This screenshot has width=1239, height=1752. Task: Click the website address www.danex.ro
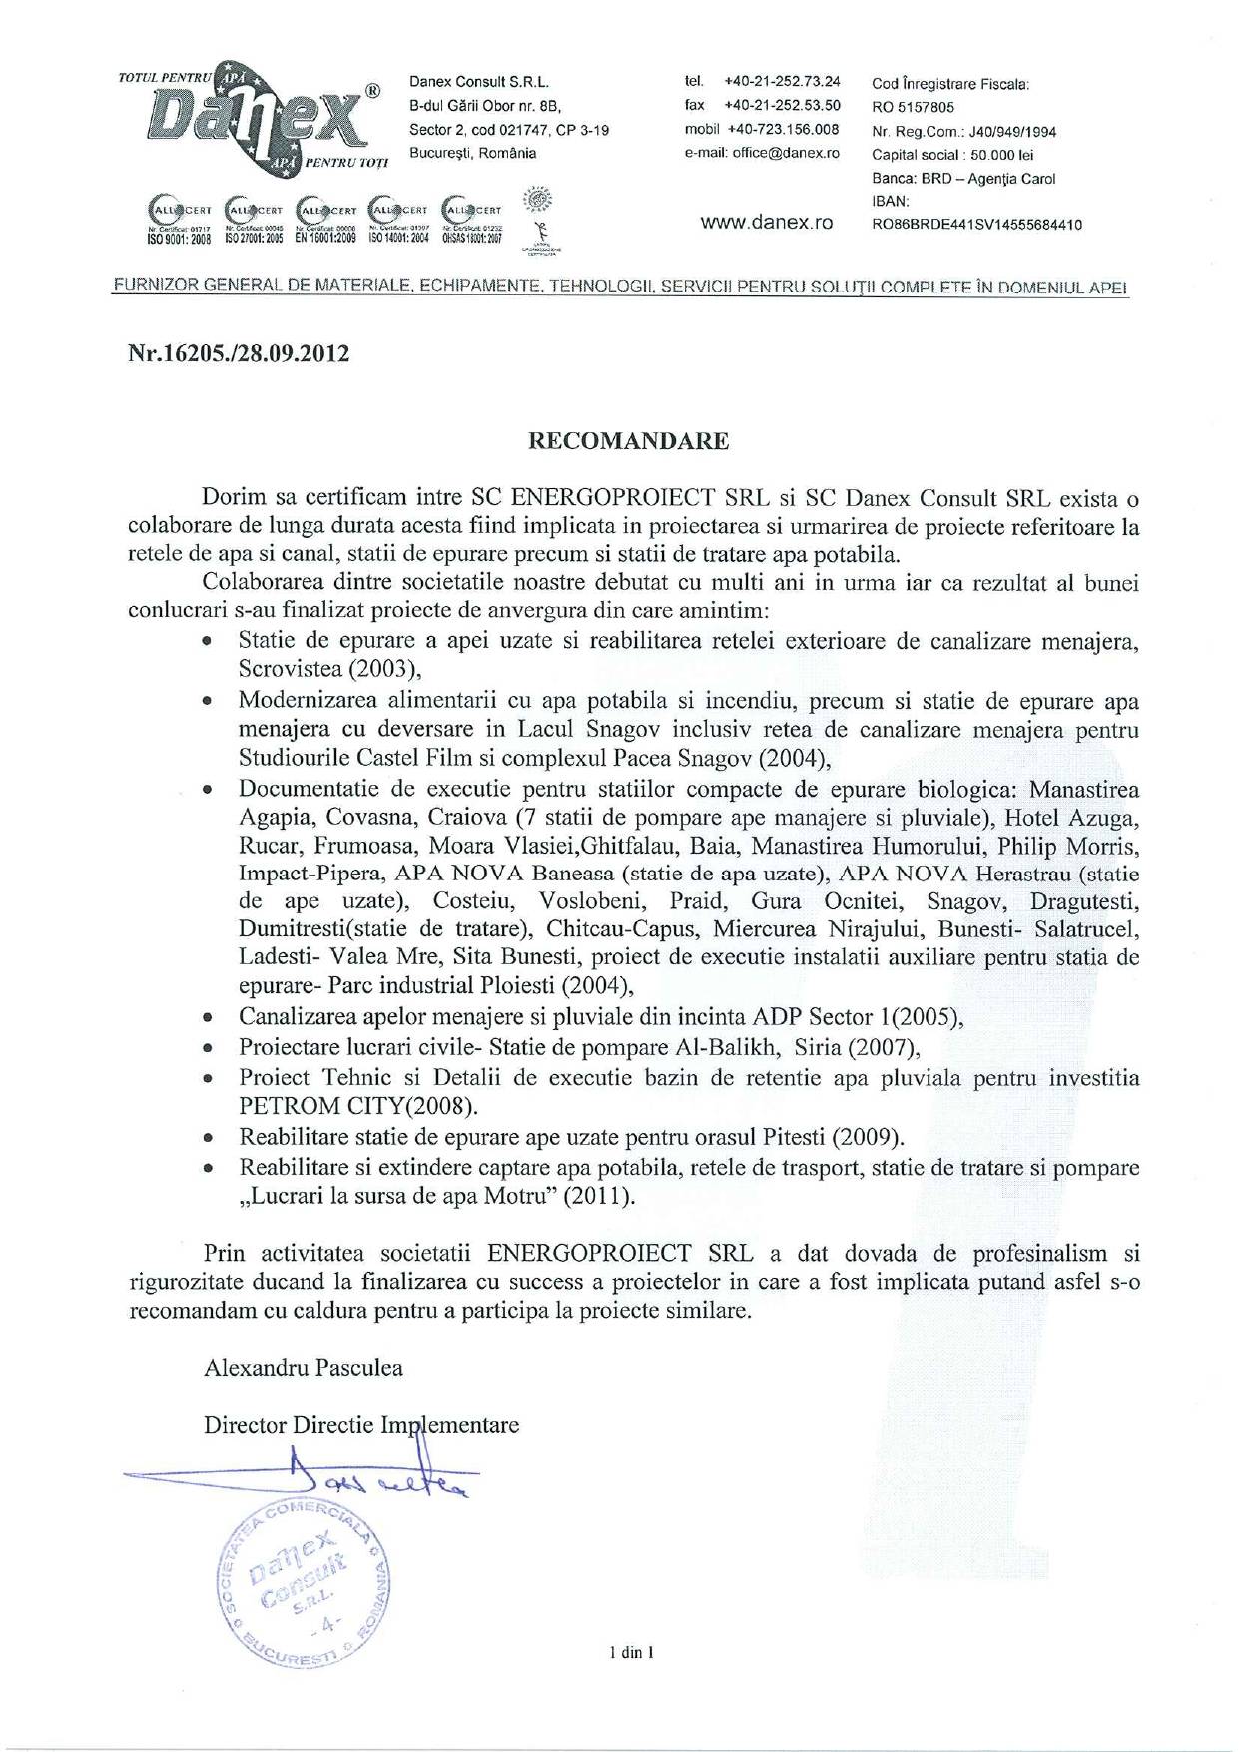pyautogui.click(x=766, y=223)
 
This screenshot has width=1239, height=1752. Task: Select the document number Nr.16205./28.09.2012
pyautogui.click(x=239, y=354)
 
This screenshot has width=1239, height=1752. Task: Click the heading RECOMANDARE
pyautogui.click(x=628, y=441)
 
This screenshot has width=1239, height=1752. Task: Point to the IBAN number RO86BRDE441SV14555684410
pyautogui.click(x=976, y=225)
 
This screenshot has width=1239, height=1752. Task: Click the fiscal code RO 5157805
pyautogui.click(x=913, y=107)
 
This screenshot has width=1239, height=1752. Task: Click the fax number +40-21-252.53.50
pyautogui.click(x=782, y=105)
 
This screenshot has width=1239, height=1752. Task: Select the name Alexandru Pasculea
pyautogui.click(x=304, y=1367)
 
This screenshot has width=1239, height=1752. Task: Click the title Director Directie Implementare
pyautogui.click(x=361, y=1424)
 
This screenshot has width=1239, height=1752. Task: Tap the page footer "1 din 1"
pyautogui.click(x=631, y=1652)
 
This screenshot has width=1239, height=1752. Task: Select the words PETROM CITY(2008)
pyautogui.click(x=358, y=1106)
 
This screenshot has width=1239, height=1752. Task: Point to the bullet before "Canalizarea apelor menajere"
pyautogui.click(x=207, y=1019)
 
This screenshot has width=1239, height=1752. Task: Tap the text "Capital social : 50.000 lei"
pyautogui.click(x=951, y=155)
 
